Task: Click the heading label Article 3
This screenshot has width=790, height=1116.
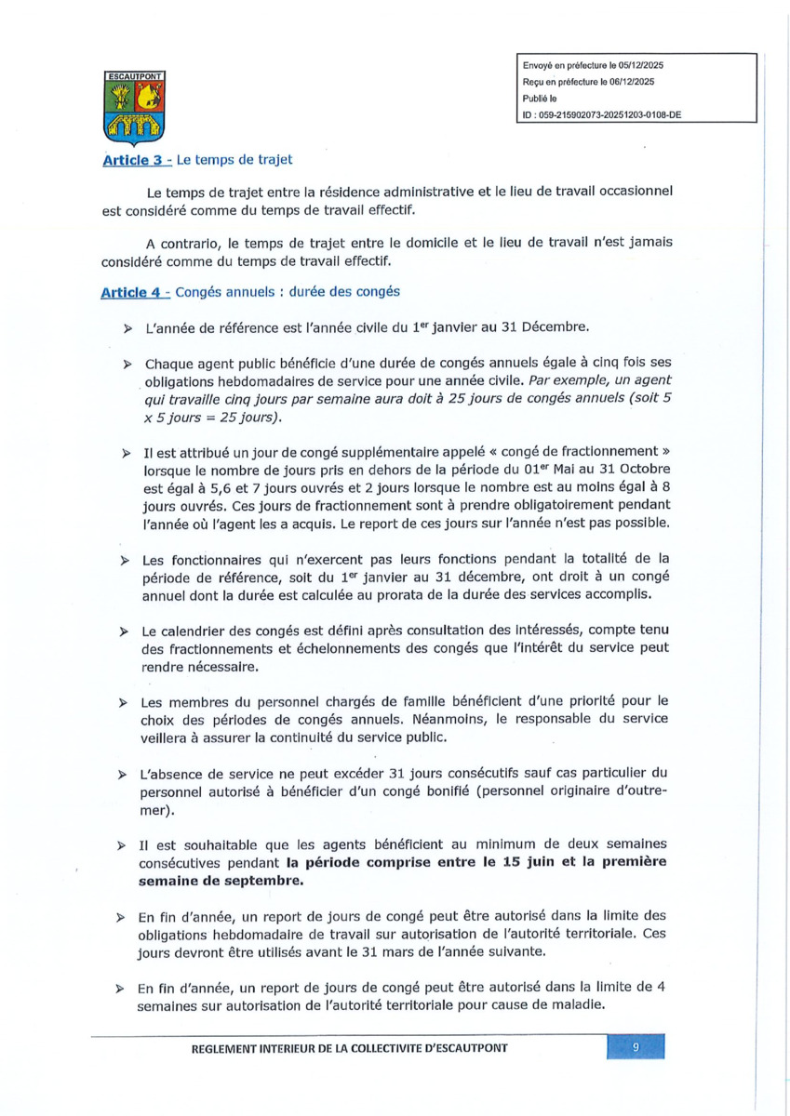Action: [134, 160]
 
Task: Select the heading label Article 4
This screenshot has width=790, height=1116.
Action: [134, 292]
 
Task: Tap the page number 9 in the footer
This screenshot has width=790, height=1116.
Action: [636, 1047]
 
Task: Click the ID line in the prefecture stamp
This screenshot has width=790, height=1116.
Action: [603, 114]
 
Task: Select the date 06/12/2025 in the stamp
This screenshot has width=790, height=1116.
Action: [631, 82]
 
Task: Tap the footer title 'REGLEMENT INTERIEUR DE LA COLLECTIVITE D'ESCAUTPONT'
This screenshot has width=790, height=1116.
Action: [350, 1048]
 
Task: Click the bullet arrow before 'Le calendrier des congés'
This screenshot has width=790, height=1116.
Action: [124, 632]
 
